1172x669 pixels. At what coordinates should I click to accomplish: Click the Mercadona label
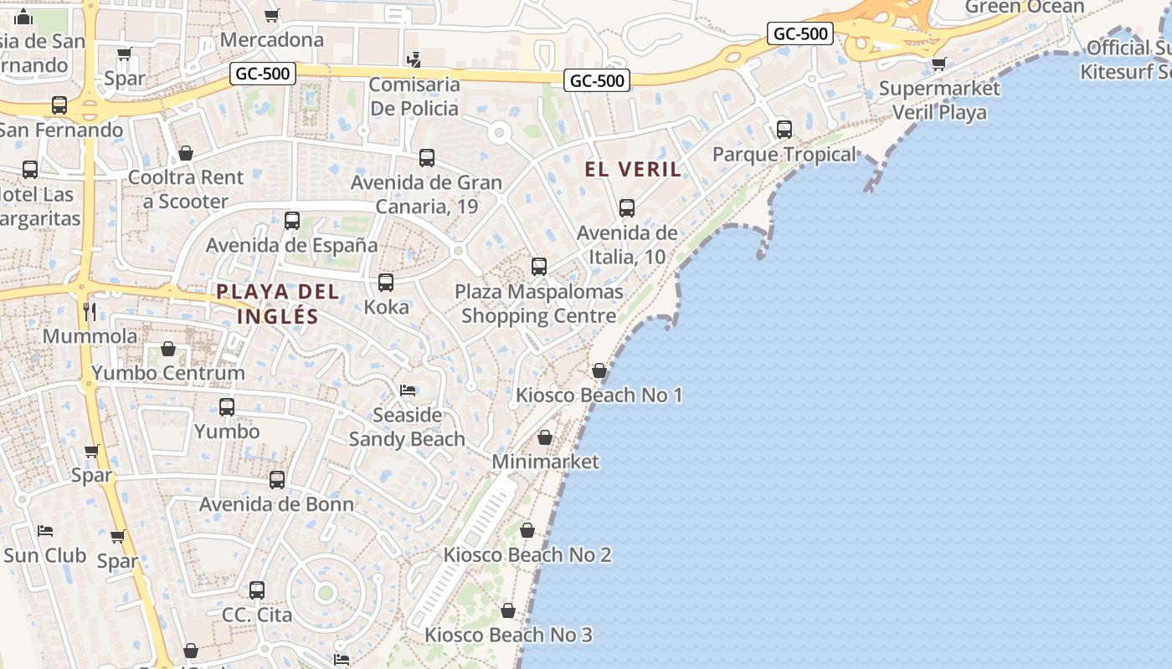tap(271, 39)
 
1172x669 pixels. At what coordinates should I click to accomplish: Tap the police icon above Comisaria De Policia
tap(414, 59)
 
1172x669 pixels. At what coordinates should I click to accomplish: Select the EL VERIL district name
tap(633, 169)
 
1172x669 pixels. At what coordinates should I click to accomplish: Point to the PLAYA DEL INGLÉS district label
tap(278, 304)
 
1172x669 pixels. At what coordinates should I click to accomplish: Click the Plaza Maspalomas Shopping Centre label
tap(539, 304)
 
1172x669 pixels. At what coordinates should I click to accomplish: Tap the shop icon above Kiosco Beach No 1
tap(599, 370)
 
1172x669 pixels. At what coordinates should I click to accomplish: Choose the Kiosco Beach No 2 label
tap(527, 554)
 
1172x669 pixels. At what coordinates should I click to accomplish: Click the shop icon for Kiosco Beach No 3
tap(508, 611)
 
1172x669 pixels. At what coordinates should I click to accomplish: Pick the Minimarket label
tap(546, 462)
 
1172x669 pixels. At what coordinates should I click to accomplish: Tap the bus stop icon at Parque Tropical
tap(784, 130)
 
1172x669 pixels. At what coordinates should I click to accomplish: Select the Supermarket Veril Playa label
tap(939, 100)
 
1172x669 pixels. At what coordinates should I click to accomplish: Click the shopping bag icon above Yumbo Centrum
tap(168, 349)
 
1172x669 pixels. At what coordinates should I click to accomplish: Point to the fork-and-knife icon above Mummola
tap(90, 312)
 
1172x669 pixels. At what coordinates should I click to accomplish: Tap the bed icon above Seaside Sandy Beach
tap(408, 391)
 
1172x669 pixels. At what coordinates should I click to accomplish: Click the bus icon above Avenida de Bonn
tap(277, 480)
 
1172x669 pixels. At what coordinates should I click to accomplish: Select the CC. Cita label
tap(257, 615)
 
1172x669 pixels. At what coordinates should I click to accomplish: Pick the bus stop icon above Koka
tap(386, 283)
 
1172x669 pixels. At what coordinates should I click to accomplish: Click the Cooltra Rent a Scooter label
tap(185, 189)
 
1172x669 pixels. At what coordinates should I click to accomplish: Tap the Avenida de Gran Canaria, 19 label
tap(426, 194)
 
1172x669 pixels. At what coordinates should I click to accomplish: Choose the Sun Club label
tap(45, 555)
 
